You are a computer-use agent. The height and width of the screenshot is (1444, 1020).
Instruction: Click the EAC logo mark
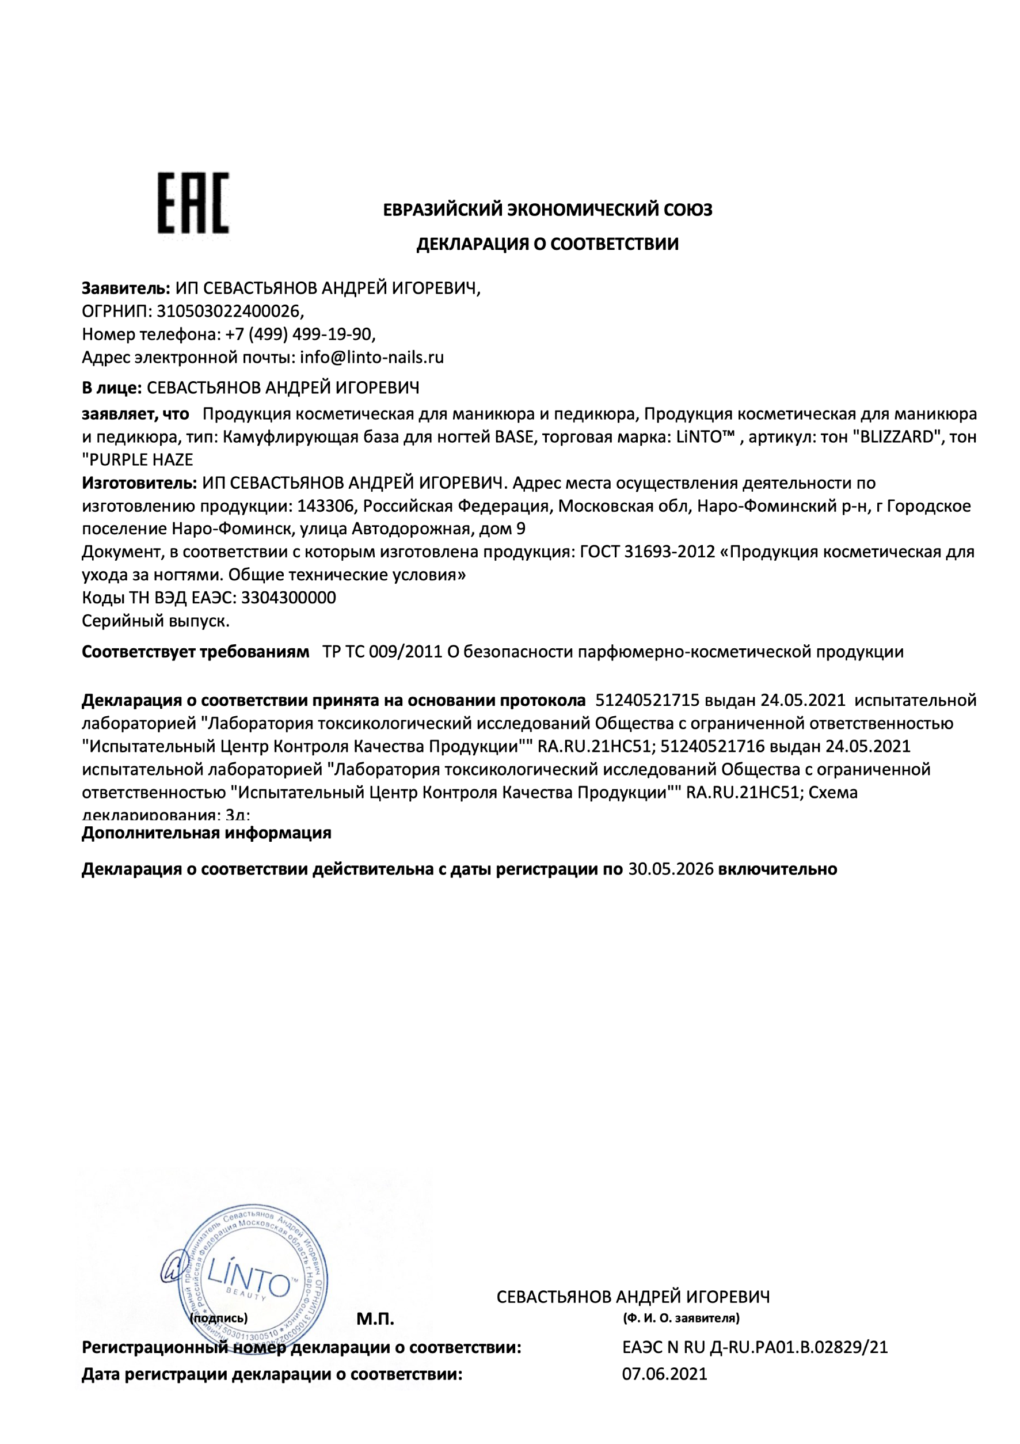tap(193, 203)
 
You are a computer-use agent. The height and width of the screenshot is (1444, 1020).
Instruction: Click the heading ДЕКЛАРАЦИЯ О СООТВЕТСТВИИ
tap(547, 244)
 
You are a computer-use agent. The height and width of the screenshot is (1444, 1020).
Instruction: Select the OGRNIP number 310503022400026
tap(229, 311)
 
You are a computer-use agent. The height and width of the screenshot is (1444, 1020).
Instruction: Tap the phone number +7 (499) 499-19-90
tap(299, 334)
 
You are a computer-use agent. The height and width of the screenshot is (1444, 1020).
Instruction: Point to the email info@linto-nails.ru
tap(372, 357)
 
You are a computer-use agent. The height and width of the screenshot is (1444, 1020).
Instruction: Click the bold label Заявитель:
tap(125, 288)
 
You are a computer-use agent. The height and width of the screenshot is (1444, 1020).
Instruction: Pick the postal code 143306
tap(326, 506)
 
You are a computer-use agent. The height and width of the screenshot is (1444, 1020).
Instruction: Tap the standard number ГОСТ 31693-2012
tap(648, 552)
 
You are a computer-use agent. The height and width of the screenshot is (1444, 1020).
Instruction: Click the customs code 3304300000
tap(288, 598)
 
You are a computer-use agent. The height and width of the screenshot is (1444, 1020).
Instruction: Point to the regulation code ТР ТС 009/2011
tap(382, 652)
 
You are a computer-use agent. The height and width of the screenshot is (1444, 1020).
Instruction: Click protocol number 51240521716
tap(712, 746)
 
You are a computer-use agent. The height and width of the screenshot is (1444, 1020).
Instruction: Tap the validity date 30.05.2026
tap(671, 869)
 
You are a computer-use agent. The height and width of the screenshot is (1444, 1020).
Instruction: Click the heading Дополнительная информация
tap(206, 833)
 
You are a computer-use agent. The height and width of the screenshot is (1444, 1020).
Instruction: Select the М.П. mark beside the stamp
tap(375, 1320)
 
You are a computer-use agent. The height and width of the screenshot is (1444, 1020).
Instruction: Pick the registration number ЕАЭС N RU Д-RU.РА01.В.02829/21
tap(755, 1347)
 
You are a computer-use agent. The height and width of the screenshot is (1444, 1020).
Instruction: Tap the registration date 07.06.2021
tap(665, 1374)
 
